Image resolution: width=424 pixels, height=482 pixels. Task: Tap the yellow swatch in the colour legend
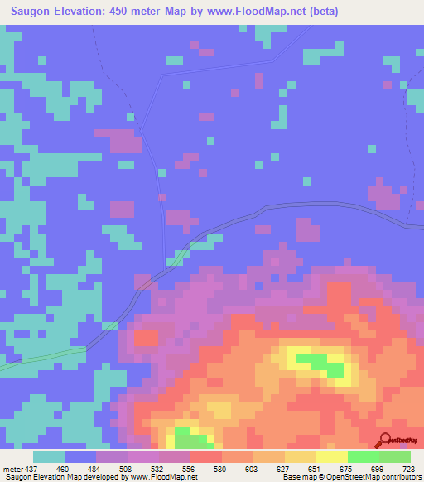click(x=332, y=456)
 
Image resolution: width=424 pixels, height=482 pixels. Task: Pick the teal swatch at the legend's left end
click(x=49, y=456)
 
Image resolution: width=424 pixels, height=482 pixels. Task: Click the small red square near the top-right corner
click(x=387, y=84)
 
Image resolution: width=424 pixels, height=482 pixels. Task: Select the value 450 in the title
click(x=123, y=12)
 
